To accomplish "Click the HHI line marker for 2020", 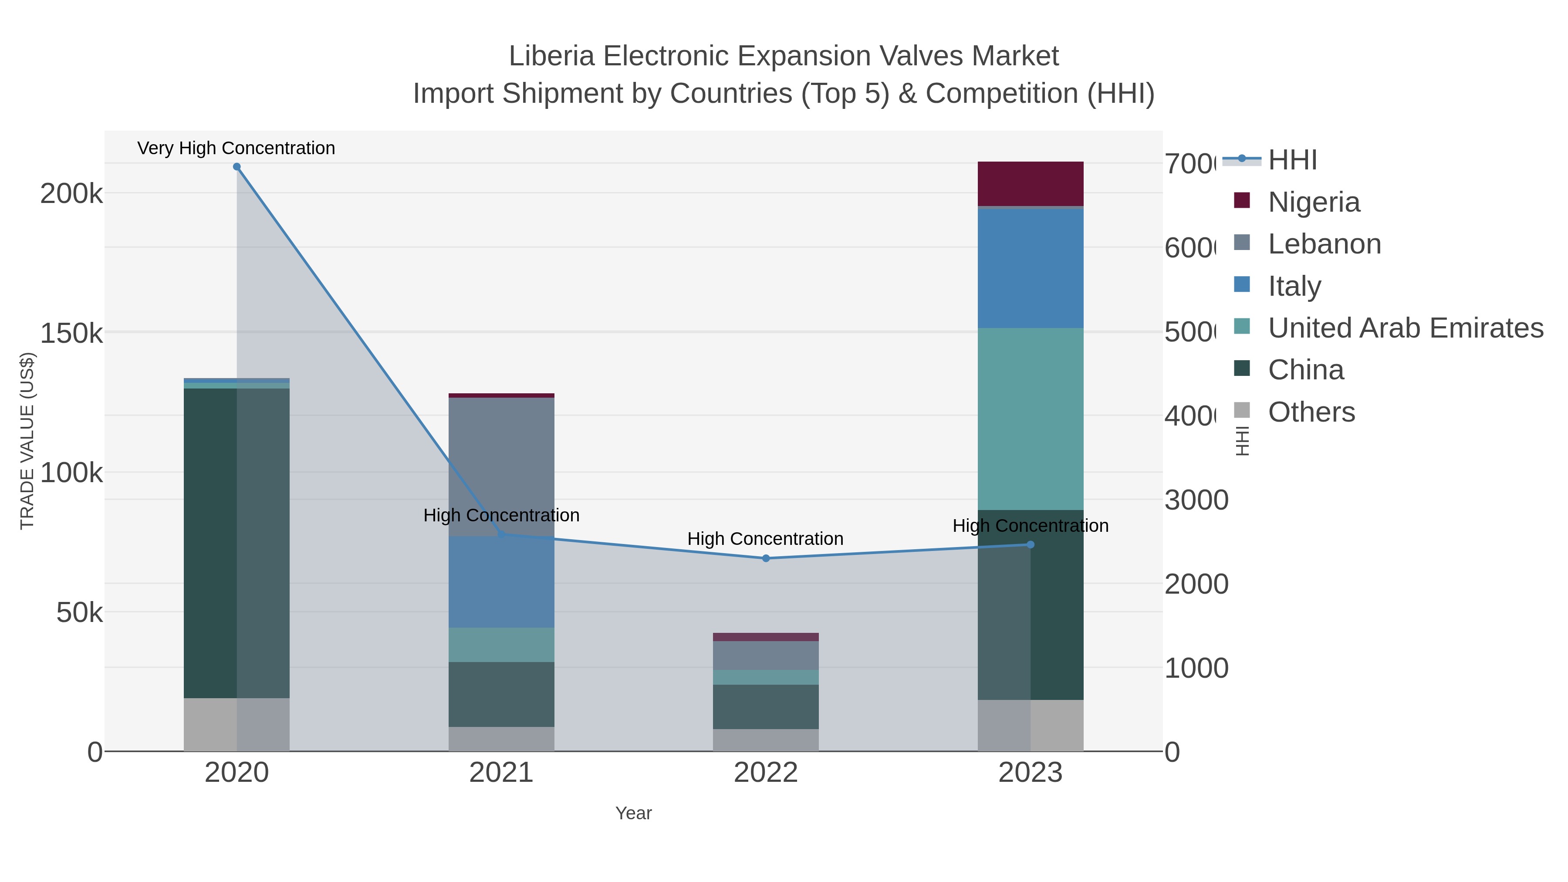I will pyautogui.click(x=237, y=167).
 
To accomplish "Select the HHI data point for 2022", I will pyautogui.click(x=766, y=558).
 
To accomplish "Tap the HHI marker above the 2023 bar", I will pyautogui.click(x=1031, y=545).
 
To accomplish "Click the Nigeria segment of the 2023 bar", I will pyautogui.click(x=1031, y=184).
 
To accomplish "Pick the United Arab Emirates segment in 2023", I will pyautogui.click(x=1031, y=419).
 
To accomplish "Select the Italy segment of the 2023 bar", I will pyautogui.click(x=1031, y=268).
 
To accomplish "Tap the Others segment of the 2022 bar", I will pyautogui.click(x=766, y=740).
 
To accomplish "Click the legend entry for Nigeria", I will pyautogui.click(x=1314, y=202).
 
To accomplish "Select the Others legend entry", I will pyautogui.click(x=1311, y=412).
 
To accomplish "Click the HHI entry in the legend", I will pyautogui.click(x=1292, y=160).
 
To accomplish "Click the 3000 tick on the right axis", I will pyautogui.click(x=1196, y=500).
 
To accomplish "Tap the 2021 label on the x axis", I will pyautogui.click(x=502, y=772).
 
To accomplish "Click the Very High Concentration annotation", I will pyautogui.click(x=236, y=148).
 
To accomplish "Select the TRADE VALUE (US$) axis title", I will pyautogui.click(x=27, y=441).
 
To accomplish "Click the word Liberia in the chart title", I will pyautogui.click(x=551, y=56).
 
